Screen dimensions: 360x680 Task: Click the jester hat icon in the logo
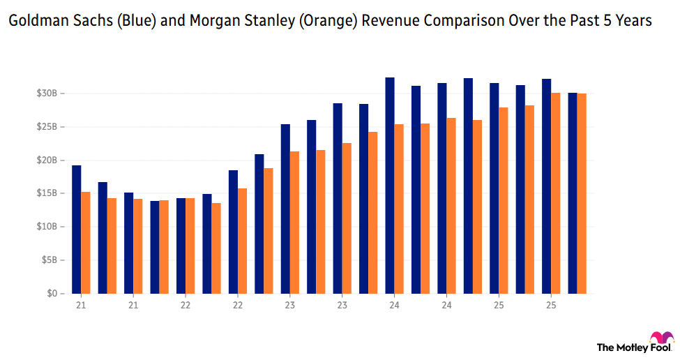click(660, 339)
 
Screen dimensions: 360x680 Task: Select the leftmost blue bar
click(77, 230)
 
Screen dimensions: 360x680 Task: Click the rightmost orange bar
click(582, 193)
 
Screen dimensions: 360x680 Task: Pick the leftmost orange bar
click(85, 243)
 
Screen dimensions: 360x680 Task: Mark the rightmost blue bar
click(573, 193)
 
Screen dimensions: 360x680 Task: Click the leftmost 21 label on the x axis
click(81, 305)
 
